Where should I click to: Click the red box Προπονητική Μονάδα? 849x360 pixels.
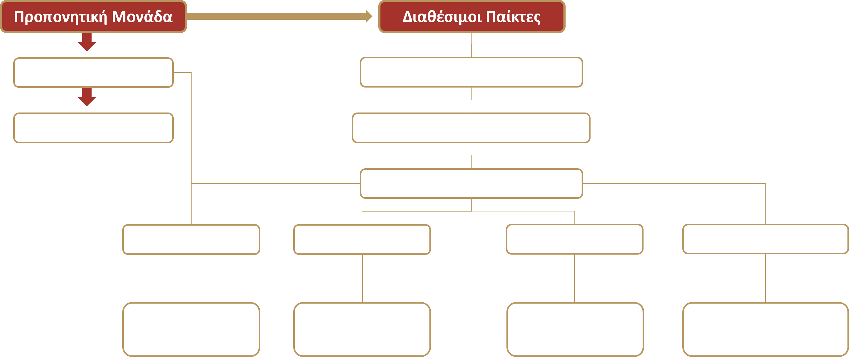[x=93, y=16]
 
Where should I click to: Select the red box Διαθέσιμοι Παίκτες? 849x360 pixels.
[x=472, y=16]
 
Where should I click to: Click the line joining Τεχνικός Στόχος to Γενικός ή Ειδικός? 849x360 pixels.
[x=575, y=279]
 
